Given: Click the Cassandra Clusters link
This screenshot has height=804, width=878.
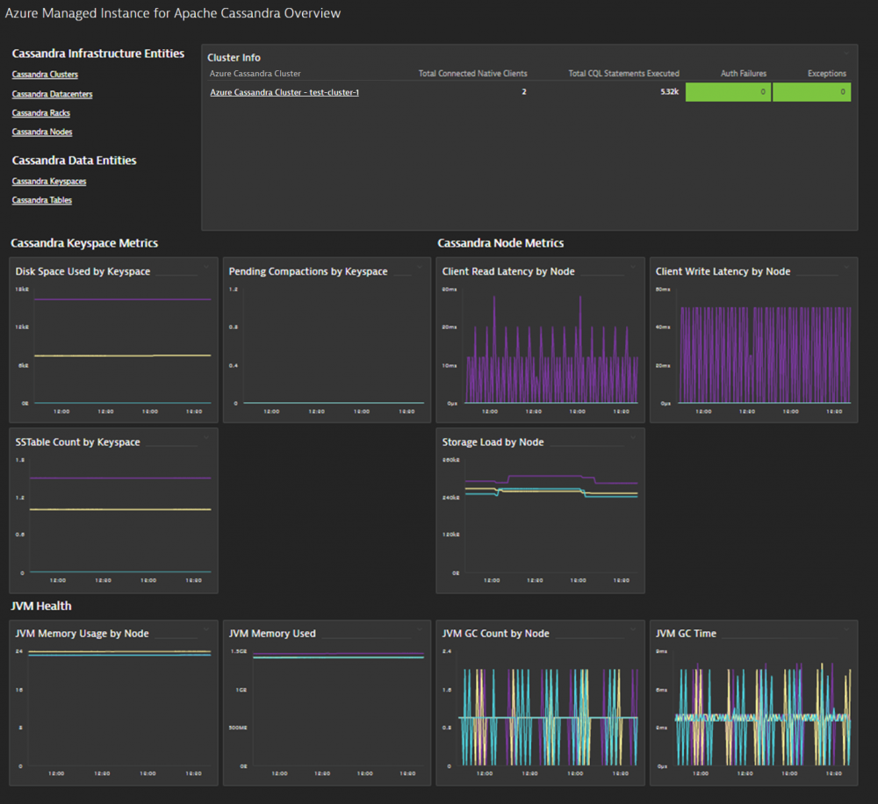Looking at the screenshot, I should pos(45,75).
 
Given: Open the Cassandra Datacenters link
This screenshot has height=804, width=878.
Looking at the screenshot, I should pos(52,94).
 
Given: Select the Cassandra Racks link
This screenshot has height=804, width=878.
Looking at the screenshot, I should pos(40,113).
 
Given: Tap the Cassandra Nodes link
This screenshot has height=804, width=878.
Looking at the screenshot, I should pos(42,132).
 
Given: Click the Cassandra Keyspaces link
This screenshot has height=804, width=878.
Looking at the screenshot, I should pos(49,182).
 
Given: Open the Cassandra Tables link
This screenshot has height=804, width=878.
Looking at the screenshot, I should pos(42,200).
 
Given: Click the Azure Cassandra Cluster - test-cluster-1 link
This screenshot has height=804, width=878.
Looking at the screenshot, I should pos(284,92).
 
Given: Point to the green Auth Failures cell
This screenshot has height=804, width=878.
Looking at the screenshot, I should pos(727,92).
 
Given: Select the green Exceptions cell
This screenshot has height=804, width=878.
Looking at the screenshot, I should pos(811,92).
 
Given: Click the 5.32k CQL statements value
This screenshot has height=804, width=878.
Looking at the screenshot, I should pos(669,92).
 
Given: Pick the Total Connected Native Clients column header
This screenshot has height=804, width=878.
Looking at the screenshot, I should pos(472,74).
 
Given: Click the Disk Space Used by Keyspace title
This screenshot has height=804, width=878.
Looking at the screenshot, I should pos(83,272).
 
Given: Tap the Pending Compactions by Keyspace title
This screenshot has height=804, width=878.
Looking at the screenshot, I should pos(307,272).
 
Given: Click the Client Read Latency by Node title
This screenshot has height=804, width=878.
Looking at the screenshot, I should pos(508,272).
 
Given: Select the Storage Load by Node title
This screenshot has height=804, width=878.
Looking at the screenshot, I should pos(493,442).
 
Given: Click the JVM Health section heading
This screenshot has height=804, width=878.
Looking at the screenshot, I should pos(40,606).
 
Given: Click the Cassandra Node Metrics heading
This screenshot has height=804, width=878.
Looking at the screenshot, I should pos(500,243).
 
